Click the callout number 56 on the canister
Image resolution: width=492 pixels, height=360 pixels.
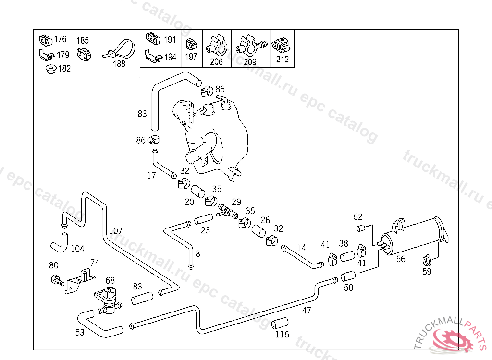coord(401,259)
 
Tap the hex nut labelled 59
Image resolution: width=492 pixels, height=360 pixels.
coord(426,261)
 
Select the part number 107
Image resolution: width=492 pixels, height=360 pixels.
coord(116,230)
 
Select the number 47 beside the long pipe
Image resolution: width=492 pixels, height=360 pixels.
coord(307,311)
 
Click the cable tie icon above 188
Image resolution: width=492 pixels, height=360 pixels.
coord(118,50)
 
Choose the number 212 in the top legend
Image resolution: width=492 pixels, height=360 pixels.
coord(283,60)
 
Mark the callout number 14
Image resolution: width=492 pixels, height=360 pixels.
coord(301,248)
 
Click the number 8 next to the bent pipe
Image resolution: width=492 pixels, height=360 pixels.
coord(198,253)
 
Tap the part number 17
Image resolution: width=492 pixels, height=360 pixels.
coord(151,176)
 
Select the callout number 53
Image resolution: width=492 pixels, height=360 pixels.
coord(80,332)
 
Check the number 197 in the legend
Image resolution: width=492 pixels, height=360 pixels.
coord(191,57)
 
